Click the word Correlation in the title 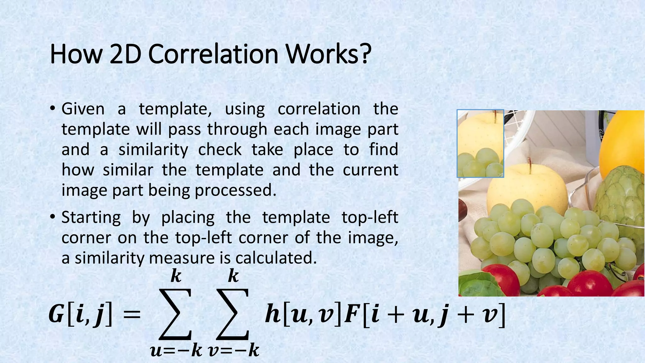click(213, 54)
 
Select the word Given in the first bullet click(83, 109)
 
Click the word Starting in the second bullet click(91, 217)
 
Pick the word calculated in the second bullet click(276, 258)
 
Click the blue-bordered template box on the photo click(480, 143)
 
